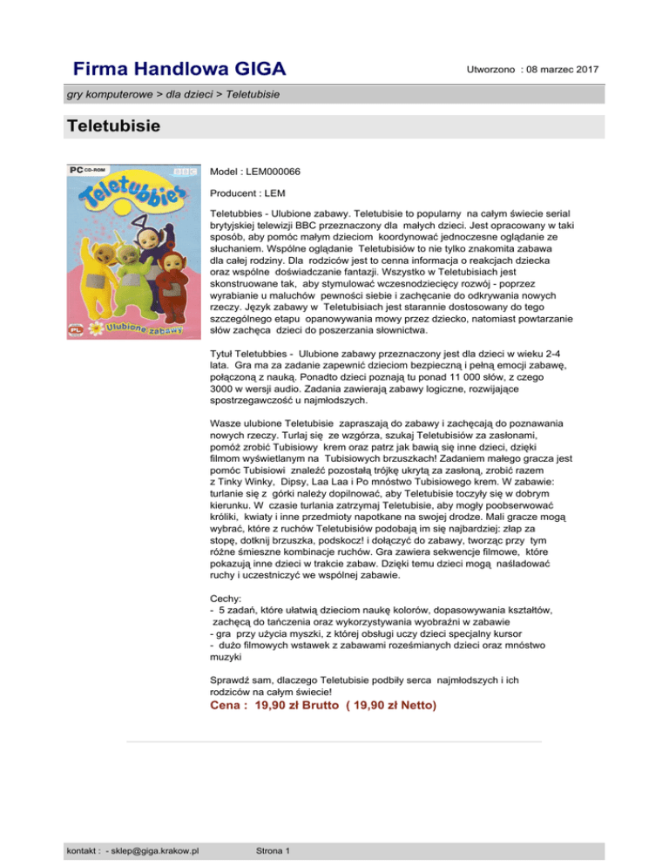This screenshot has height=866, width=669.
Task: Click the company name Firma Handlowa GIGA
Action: click(180, 67)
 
